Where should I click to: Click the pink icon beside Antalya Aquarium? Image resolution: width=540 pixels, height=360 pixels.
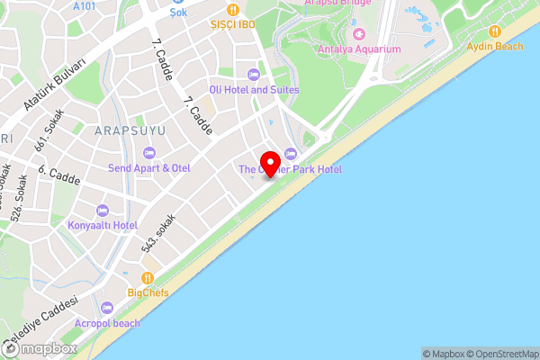coord(359,33)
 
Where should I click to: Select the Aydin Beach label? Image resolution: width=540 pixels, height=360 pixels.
coord(495,46)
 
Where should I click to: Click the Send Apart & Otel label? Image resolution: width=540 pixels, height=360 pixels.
coord(149,168)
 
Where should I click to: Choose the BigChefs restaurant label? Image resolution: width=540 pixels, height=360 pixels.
coord(147,292)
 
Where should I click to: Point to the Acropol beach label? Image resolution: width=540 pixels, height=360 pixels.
coord(108,322)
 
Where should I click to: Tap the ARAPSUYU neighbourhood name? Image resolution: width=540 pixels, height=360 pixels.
coord(130,130)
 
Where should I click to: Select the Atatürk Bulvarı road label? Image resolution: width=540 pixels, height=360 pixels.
coord(55,94)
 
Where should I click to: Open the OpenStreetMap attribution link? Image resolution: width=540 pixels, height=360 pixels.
coord(501,354)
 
